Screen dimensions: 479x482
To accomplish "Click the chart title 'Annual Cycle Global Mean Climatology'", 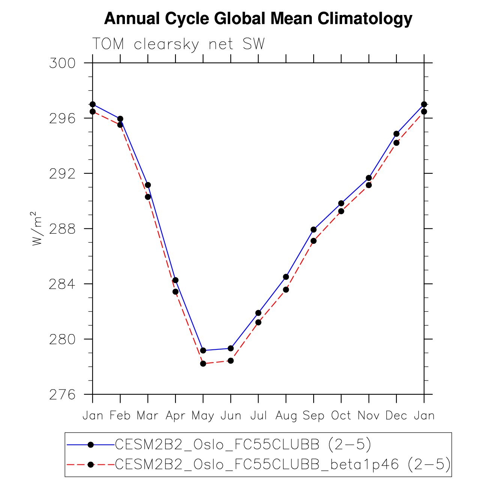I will [258, 19].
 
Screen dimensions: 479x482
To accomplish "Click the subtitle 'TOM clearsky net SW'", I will [179, 44].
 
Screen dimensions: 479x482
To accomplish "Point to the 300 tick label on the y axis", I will [62, 63].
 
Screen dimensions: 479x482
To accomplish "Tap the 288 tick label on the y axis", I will [62, 229].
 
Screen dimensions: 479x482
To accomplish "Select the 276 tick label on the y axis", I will [62, 395].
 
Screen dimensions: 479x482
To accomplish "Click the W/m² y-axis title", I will [37, 229].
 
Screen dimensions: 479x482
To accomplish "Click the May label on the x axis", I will [203, 416].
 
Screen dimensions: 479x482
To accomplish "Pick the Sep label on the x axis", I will [314, 416].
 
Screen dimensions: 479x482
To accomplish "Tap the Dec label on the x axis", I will [396, 416].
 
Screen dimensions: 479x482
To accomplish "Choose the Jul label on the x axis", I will [258, 416].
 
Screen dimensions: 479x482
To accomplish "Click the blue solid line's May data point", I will [203, 351].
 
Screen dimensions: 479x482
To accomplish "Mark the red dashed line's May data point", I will [203, 364].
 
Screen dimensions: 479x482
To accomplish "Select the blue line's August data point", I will [286, 277].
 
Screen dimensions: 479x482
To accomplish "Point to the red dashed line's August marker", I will [286, 289].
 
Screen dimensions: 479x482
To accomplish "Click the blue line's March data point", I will [148, 185].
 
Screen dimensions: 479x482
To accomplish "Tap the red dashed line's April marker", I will [176, 292].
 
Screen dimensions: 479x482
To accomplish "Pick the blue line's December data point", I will [396, 134].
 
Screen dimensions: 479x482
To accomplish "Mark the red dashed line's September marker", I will [314, 241].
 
